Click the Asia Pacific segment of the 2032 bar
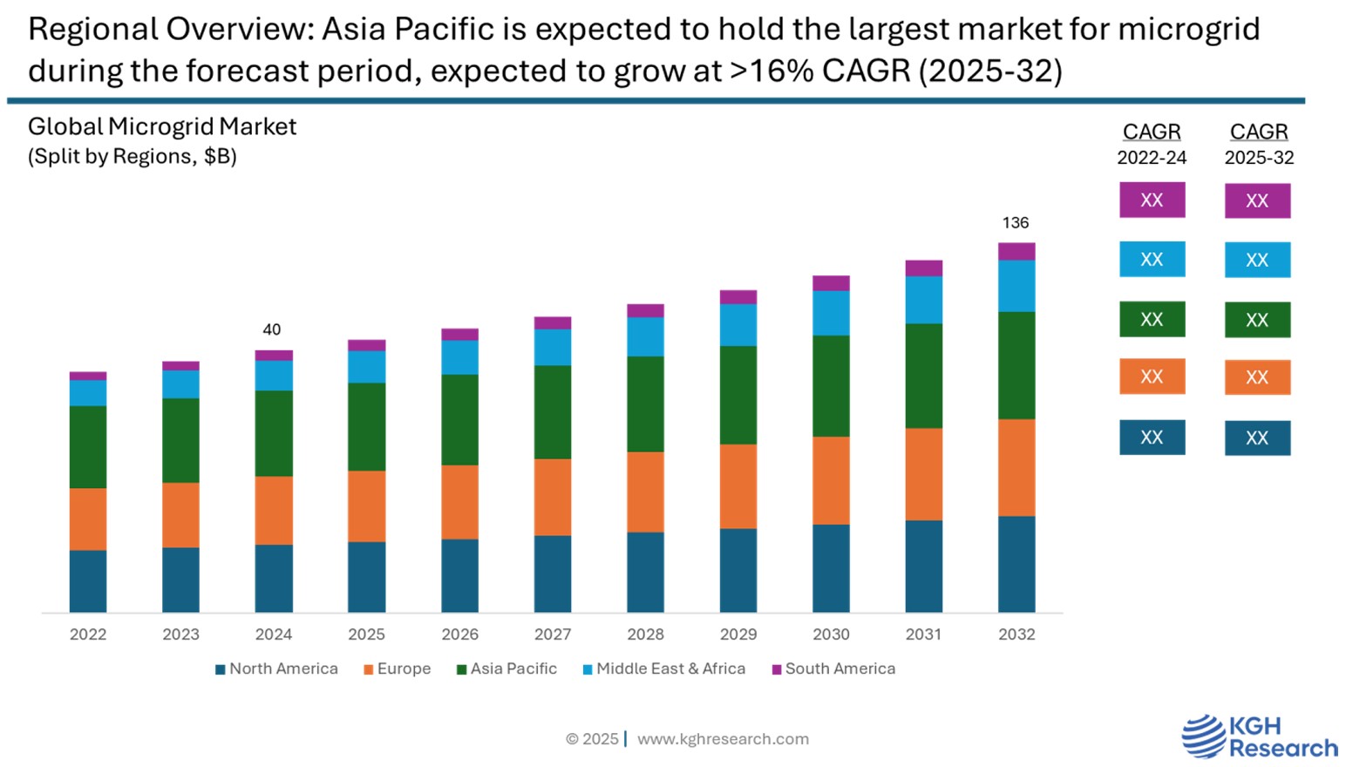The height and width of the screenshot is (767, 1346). [x=1016, y=365]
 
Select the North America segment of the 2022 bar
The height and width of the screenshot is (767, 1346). [x=88, y=580]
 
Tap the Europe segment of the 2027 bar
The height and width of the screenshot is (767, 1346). [x=553, y=497]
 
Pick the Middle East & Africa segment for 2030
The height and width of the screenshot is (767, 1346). [x=831, y=313]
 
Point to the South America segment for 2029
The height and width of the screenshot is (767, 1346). [x=738, y=297]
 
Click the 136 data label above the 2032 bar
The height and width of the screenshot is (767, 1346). [x=1016, y=223]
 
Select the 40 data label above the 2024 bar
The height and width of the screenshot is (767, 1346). [x=272, y=330]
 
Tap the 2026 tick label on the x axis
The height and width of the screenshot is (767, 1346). [x=459, y=635]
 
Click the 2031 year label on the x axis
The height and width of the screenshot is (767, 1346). [x=923, y=635]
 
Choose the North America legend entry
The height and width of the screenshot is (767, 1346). [x=277, y=669]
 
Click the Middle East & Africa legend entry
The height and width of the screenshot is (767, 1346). [x=664, y=669]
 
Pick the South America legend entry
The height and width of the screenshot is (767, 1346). [x=834, y=669]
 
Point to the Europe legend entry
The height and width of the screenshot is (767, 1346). [x=398, y=669]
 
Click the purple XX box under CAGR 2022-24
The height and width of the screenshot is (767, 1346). [x=1152, y=200]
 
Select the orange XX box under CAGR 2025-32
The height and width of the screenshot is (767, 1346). [x=1257, y=377]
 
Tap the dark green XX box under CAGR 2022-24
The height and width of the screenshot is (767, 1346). [x=1152, y=319]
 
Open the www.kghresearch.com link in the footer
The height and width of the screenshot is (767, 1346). [x=723, y=739]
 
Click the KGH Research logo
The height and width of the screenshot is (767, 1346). [x=1259, y=736]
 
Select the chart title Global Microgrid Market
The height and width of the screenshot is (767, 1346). [x=162, y=127]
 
